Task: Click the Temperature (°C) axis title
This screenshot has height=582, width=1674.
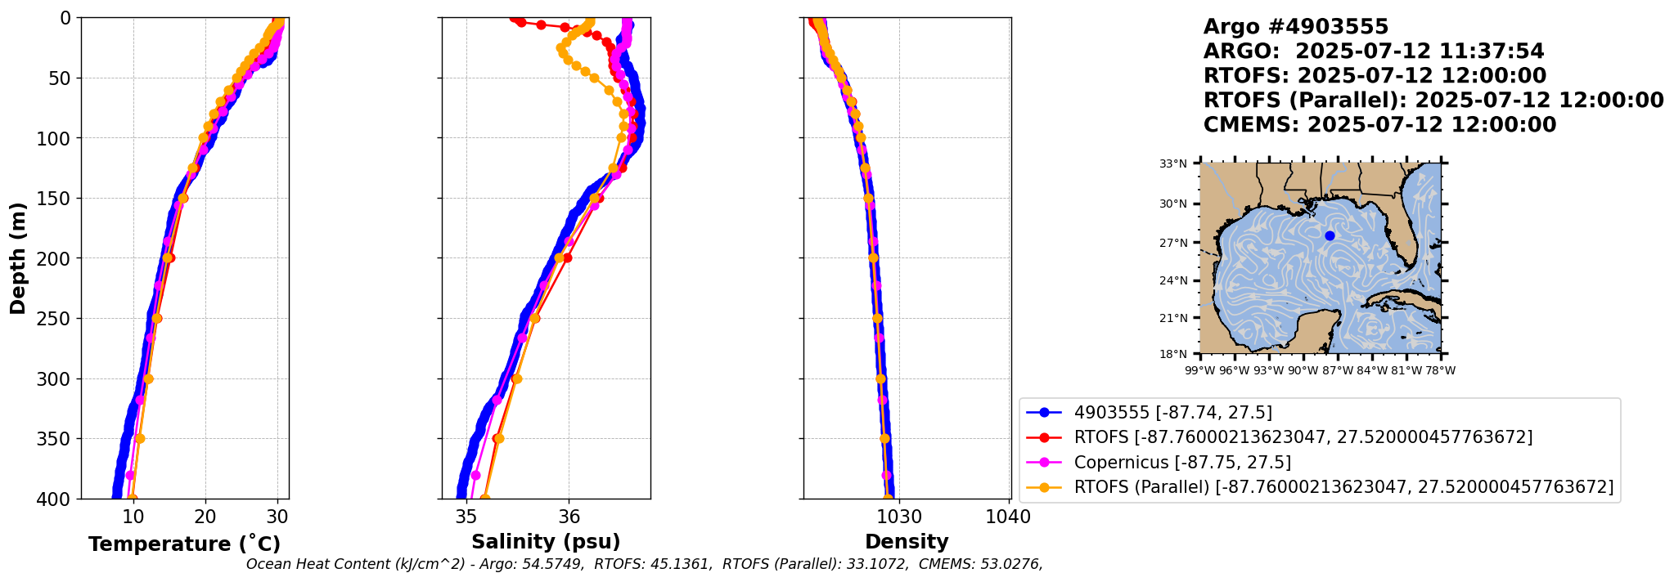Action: (184, 544)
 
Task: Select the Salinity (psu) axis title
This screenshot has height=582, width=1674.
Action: (546, 542)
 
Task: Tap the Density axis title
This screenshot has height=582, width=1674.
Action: (907, 542)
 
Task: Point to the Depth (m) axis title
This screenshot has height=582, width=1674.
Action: (17, 258)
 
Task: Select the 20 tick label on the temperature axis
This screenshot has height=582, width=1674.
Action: (205, 517)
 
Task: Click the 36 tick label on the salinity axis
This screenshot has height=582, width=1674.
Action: (569, 517)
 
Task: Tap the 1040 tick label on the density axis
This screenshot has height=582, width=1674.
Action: (1009, 517)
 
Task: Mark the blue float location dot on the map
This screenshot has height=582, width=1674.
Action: (1330, 235)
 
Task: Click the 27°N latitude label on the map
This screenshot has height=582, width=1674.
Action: (1172, 243)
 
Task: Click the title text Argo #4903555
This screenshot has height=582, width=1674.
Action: (1295, 27)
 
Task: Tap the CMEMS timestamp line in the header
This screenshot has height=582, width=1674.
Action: (1379, 125)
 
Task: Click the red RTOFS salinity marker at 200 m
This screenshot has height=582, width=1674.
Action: (567, 257)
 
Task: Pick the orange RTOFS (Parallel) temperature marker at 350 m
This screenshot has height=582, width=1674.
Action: (140, 438)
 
